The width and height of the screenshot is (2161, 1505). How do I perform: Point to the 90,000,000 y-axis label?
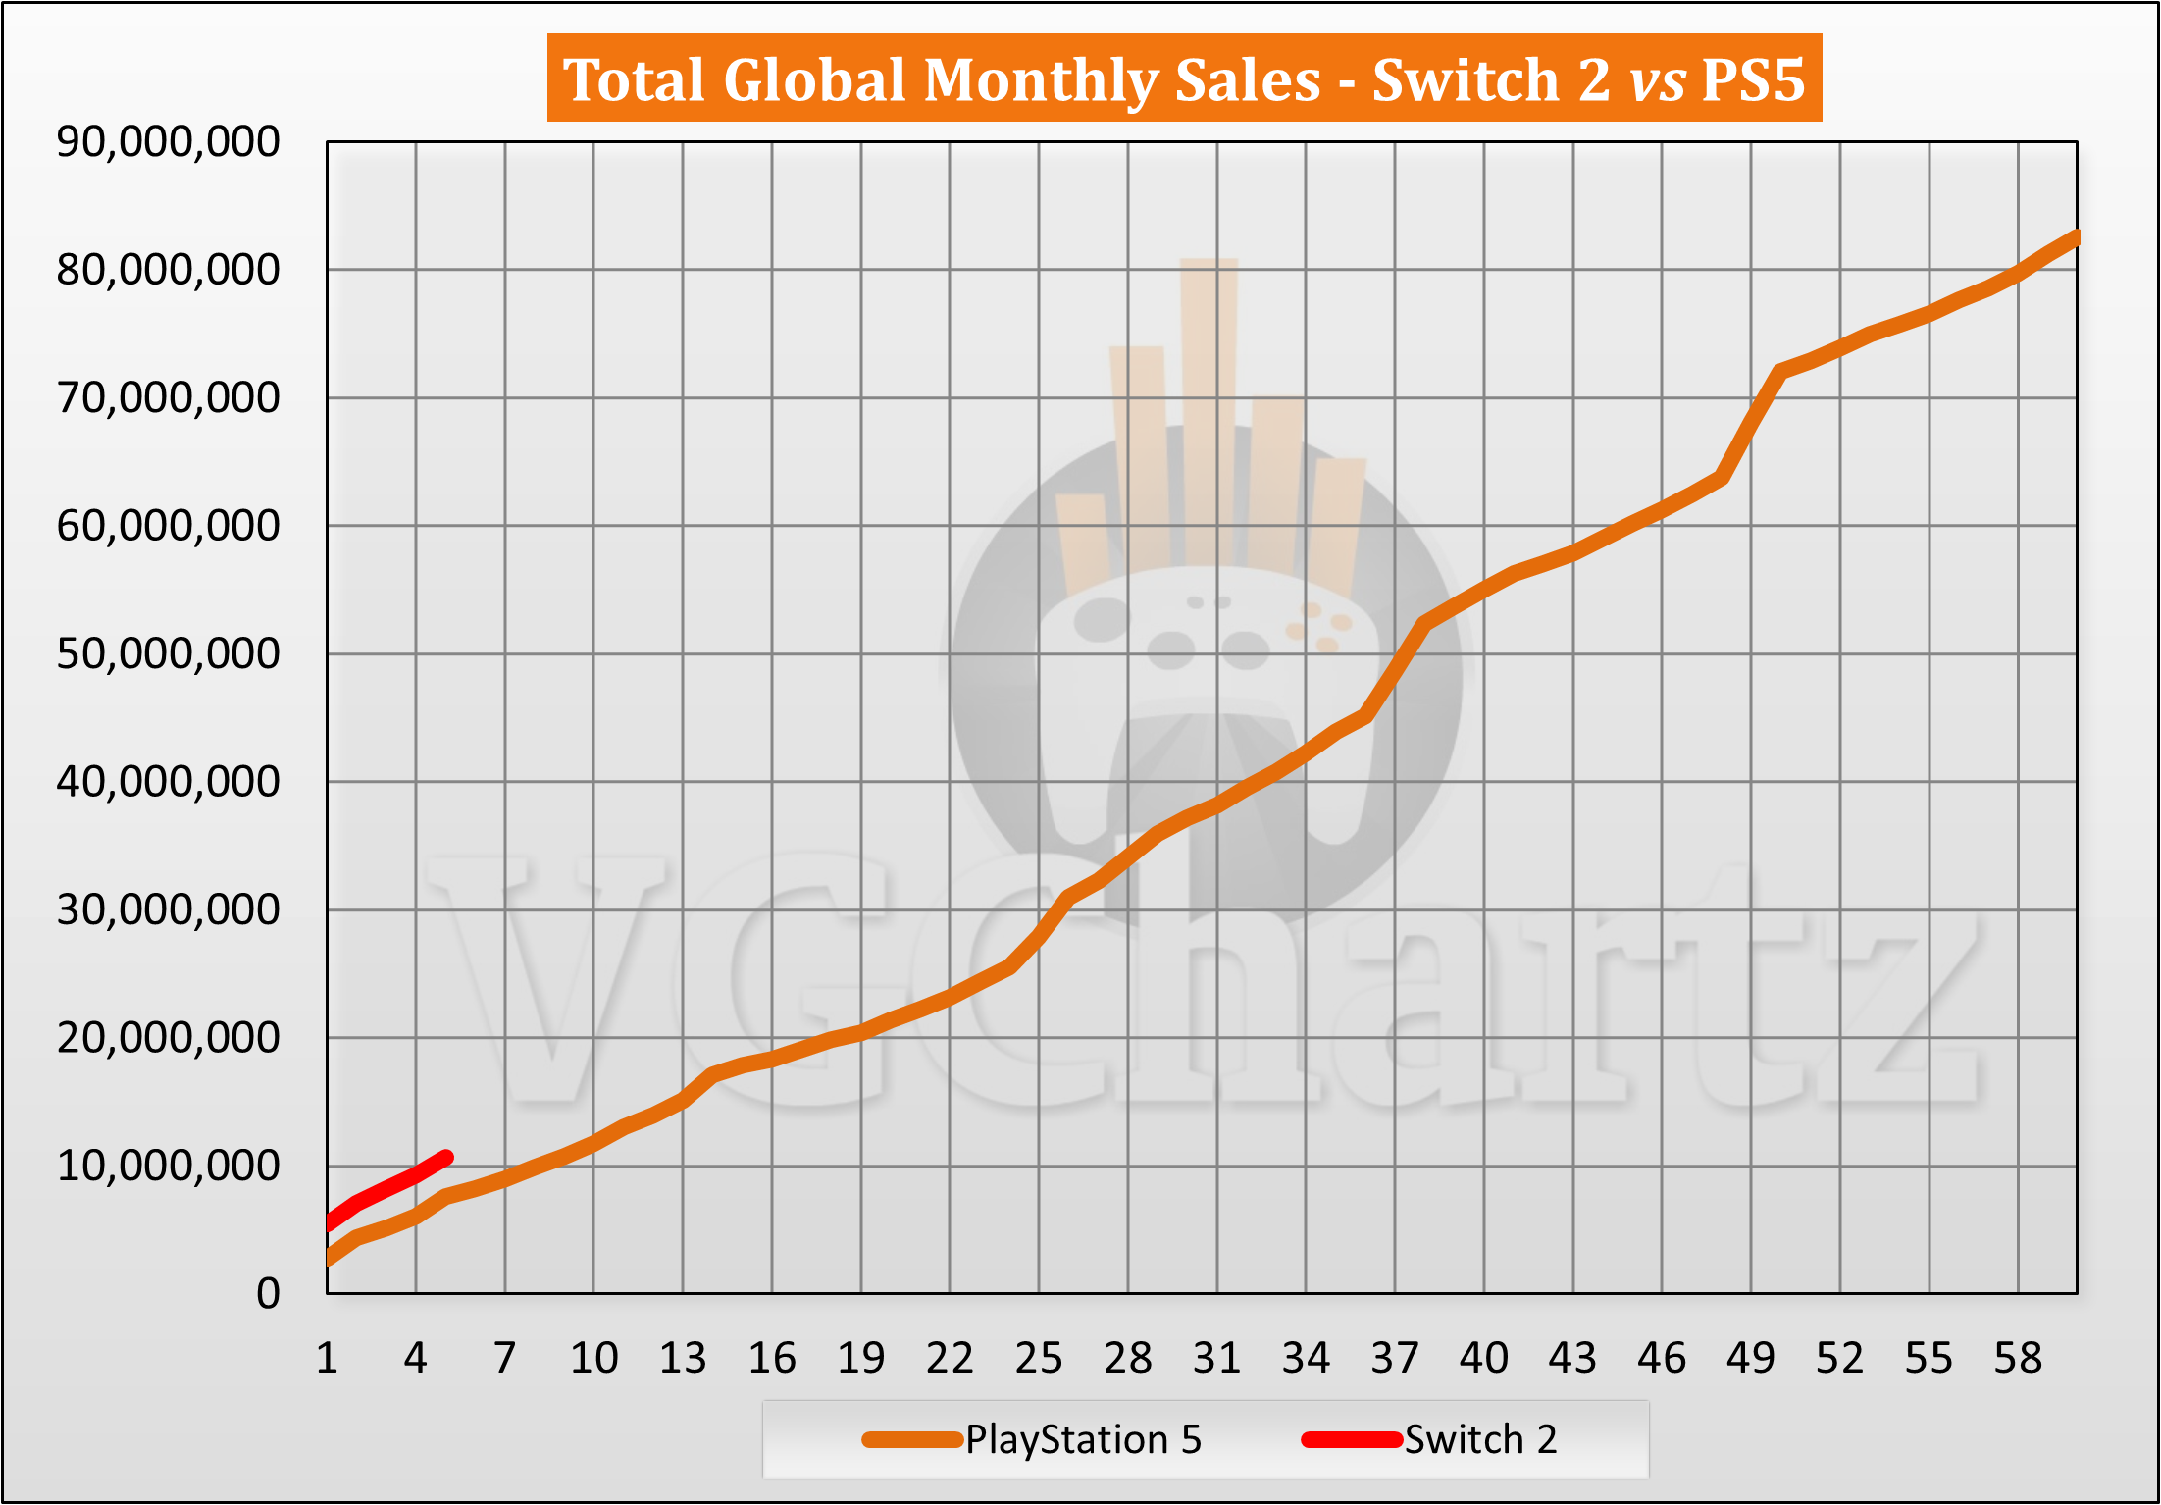pos(168,142)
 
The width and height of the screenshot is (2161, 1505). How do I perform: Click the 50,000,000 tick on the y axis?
pos(168,653)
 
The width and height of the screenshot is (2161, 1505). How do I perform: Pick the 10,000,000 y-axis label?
pos(168,1166)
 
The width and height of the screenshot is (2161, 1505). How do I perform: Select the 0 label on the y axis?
pos(268,1294)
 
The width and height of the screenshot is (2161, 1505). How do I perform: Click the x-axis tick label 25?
pos(1039,1359)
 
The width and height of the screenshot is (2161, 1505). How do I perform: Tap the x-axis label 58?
pos(2018,1359)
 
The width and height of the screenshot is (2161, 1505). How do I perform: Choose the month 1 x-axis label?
pos(328,1359)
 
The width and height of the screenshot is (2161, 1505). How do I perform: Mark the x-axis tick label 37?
pos(1395,1359)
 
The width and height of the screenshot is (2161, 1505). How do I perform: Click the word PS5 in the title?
pos(1753,79)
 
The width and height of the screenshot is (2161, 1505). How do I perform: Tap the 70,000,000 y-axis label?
pos(168,398)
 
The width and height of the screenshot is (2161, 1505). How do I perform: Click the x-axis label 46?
pos(1662,1359)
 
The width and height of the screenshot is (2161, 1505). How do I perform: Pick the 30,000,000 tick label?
pos(168,910)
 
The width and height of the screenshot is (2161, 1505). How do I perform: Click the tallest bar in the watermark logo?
pos(1209,412)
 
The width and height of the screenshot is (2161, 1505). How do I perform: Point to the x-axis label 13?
pos(683,1359)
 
